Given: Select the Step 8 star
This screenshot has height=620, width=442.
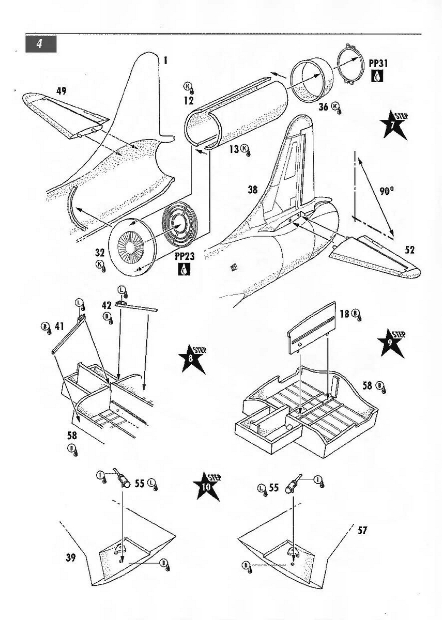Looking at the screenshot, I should [192, 358].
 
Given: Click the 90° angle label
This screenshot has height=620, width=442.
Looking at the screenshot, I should [386, 191].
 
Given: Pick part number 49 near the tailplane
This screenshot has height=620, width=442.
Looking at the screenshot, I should [61, 91].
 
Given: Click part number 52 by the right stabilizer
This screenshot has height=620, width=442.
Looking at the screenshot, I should [409, 251].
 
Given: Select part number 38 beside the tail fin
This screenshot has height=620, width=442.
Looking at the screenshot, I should [252, 190].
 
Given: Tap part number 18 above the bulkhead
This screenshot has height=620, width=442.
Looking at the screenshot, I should [344, 313].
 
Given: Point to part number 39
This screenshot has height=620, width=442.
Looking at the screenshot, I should [71, 557].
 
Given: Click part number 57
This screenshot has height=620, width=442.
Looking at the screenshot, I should [362, 530].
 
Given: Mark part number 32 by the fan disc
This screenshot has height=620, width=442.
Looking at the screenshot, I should [99, 254].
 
